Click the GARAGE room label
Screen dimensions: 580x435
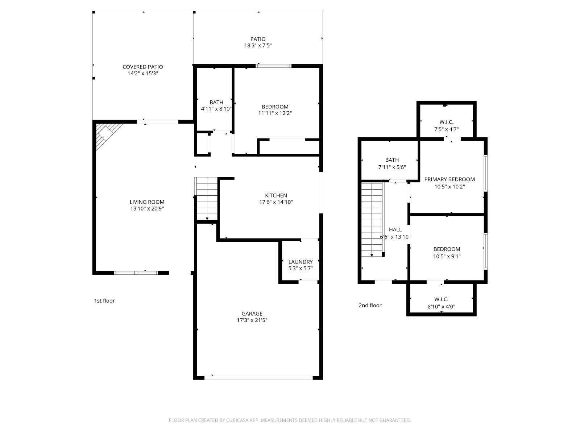click(252, 314)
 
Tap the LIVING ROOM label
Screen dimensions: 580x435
click(147, 202)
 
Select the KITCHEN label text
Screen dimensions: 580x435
click(276, 195)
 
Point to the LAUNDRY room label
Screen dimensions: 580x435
click(301, 262)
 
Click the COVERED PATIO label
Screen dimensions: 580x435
click(143, 67)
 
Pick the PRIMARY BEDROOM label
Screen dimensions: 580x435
click(449, 179)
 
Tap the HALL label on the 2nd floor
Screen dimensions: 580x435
click(395, 229)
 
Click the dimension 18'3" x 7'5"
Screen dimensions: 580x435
click(258, 45)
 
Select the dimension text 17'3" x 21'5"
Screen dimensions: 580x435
click(252, 320)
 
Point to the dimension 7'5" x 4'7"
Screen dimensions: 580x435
click(446, 129)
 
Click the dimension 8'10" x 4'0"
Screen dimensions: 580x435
click(441, 306)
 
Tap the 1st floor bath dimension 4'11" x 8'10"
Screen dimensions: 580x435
click(216, 108)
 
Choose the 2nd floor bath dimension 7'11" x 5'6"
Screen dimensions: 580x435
click(392, 167)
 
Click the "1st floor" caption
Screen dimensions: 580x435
click(104, 301)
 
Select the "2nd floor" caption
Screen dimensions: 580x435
click(370, 305)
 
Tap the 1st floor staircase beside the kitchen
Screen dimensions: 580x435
click(207, 198)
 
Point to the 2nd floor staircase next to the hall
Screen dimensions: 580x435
click(372, 219)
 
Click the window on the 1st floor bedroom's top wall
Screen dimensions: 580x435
click(273, 66)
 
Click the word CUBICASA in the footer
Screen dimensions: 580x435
click(237, 420)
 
